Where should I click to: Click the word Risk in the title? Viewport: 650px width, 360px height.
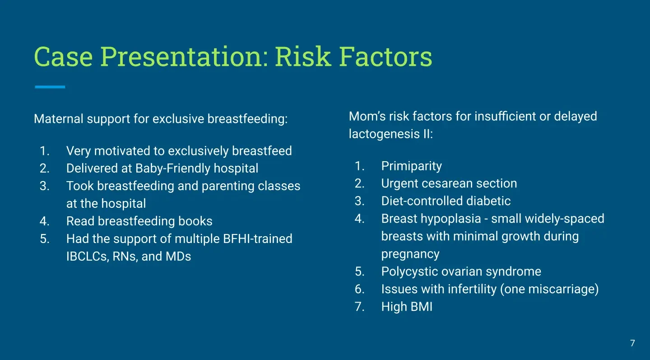(x=303, y=56)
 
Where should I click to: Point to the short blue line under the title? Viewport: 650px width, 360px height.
(x=50, y=87)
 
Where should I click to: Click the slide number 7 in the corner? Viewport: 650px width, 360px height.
(x=632, y=343)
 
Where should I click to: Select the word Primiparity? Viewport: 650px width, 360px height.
(x=412, y=166)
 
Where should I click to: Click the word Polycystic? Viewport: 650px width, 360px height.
(x=409, y=272)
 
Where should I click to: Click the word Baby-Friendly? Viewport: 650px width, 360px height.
(x=172, y=168)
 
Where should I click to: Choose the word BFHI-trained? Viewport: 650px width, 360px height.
(x=257, y=239)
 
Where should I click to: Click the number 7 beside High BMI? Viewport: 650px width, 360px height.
(x=359, y=307)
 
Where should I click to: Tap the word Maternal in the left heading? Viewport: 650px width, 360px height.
(x=59, y=119)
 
